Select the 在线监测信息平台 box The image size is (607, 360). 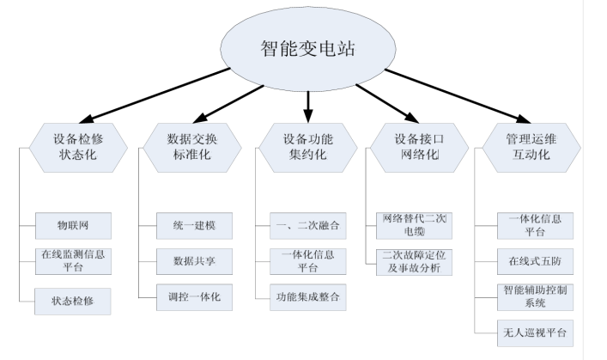point(73,260)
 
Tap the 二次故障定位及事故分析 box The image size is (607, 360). point(415,260)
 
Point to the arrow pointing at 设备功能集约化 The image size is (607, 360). point(308,102)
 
